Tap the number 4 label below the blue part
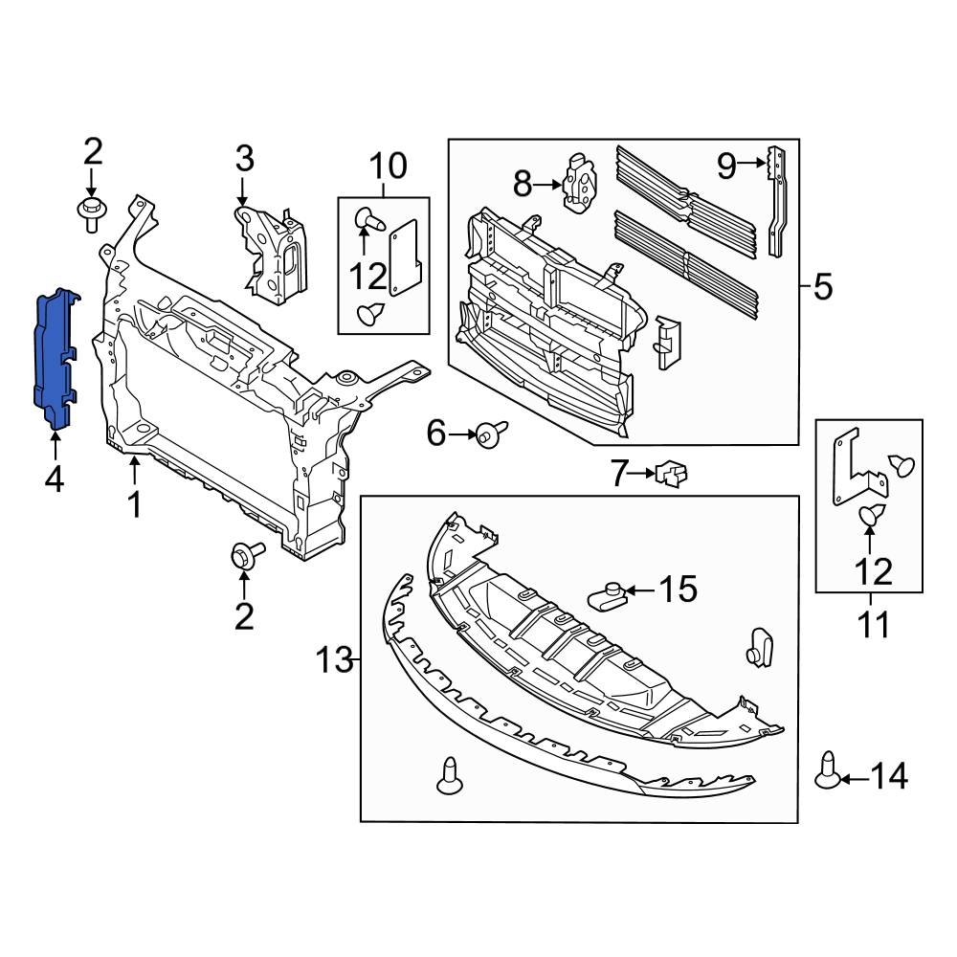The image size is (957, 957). coord(54,477)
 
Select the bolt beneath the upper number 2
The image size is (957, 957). coord(92,213)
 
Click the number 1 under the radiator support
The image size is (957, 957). coord(135,503)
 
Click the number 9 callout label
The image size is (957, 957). coord(726,167)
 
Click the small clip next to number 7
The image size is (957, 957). coord(673,473)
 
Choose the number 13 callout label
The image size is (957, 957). coord(336,659)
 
